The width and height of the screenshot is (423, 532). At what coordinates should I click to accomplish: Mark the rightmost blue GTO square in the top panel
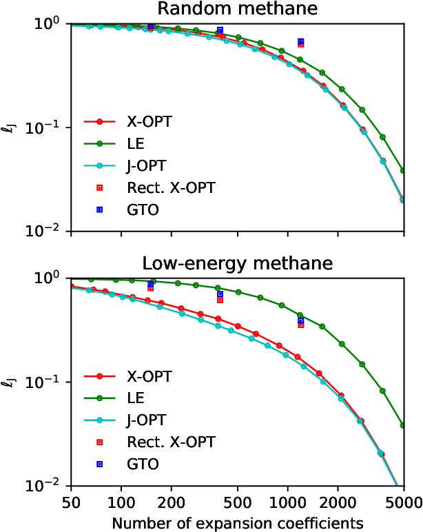point(300,42)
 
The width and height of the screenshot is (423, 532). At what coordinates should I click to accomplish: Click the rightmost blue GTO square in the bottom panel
point(300,320)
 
